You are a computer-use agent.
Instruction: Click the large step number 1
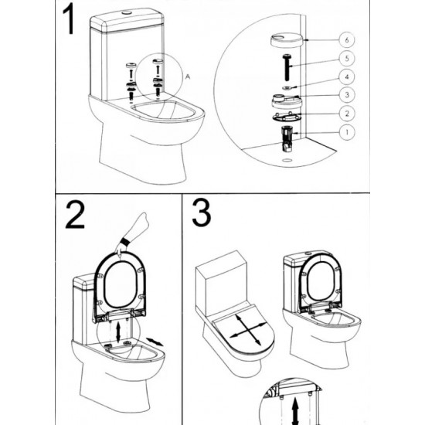pyautogui.click(x=70, y=19)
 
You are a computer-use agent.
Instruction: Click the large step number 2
pyautogui.click(x=75, y=215)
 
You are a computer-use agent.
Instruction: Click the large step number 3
pyautogui.click(x=201, y=212)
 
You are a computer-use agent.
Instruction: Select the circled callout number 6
pyautogui.click(x=347, y=40)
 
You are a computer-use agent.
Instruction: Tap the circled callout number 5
pyautogui.click(x=347, y=58)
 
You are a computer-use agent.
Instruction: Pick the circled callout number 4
pyautogui.click(x=347, y=76)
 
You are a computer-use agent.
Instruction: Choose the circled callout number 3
pyautogui.click(x=347, y=95)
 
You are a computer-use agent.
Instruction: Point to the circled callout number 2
pyautogui.click(x=347, y=114)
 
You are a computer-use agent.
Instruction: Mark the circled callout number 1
pyautogui.click(x=347, y=132)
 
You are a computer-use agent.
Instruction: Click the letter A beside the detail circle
pyautogui.click(x=188, y=77)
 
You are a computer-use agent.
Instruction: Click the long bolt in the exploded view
pyautogui.click(x=287, y=68)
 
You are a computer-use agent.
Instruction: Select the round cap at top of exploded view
pyautogui.click(x=286, y=41)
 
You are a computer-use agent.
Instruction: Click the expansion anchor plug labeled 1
pyautogui.click(x=286, y=138)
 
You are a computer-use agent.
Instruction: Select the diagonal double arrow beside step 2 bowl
pyautogui.click(x=155, y=342)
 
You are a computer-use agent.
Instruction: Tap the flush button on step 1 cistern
pyautogui.click(x=127, y=12)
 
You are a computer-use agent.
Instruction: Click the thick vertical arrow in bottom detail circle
pyautogui.click(x=295, y=411)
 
